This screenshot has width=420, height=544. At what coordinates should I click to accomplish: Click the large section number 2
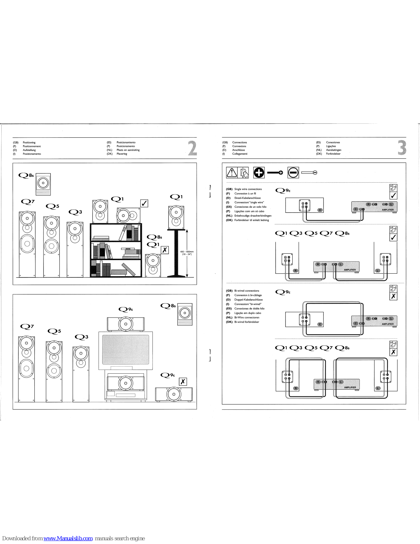tap(192, 148)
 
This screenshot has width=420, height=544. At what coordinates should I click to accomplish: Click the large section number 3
tap(402, 148)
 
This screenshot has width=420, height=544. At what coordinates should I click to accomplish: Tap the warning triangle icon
tap(232, 173)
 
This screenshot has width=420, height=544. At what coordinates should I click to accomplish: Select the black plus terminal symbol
tap(259, 173)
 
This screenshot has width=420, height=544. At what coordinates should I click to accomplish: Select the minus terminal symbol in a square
tap(293, 173)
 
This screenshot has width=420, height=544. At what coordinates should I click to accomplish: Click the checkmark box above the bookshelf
tap(144, 203)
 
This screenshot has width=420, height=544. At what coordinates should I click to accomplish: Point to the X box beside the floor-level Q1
tap(165, 250)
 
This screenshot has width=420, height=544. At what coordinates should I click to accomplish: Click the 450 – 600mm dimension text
tap(187, 253)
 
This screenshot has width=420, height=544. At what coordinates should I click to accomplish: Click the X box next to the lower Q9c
tap(183, 382)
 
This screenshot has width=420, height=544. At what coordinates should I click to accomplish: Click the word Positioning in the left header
tap(29, 142)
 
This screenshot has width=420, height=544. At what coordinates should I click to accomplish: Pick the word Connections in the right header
tap(239, 142)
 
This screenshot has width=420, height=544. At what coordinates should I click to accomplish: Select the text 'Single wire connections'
tap(248, 189)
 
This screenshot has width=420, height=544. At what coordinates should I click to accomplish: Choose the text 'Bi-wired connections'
tap(246, 291)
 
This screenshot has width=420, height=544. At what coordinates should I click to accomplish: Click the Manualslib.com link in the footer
tap(68, 538)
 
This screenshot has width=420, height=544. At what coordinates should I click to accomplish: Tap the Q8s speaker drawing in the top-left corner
tap(43, 184)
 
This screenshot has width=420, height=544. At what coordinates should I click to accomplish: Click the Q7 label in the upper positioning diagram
tap(28, 202)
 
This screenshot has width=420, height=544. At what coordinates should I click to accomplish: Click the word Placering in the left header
tap(122, 154)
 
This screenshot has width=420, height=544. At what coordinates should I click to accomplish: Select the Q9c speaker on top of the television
tap(126, 324)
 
